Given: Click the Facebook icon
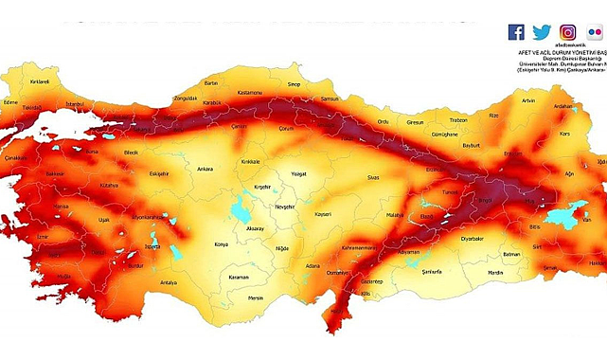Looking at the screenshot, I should pos(516,32).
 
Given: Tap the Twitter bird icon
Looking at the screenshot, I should pos(542,32).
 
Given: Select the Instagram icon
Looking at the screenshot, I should pos(568,32).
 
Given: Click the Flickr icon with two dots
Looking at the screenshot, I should pos(595,32).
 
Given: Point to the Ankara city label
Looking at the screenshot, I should pos(205,170).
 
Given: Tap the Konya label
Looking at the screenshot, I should pos(222,244).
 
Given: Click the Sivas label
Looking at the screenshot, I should pos(373,177).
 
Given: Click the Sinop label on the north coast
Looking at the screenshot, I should pos(296,83).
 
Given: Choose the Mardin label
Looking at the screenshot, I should pos(495,273).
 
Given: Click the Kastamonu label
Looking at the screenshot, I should pos(250,92).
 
